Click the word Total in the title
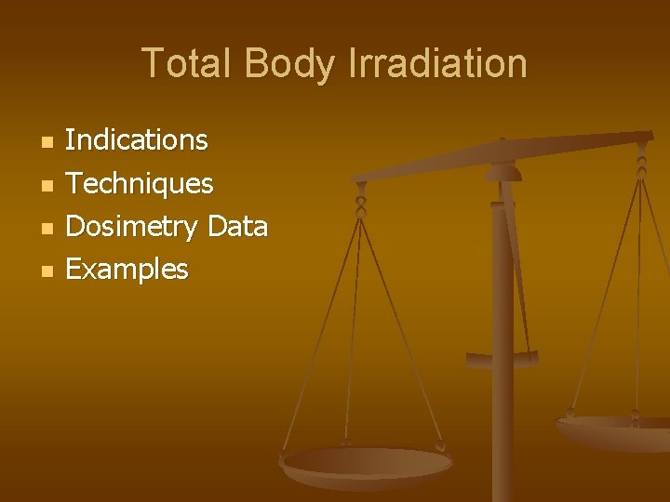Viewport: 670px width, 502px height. [188, 63]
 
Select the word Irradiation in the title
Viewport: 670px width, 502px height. [437, 63]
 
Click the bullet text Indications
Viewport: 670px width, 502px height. [137, 140]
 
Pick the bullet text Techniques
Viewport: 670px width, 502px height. [140, 183]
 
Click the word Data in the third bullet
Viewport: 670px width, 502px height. [238, 226]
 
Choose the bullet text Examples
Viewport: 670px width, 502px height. [127, 270]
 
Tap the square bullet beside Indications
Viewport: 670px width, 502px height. [48, 142]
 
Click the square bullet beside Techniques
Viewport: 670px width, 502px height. [48, 185]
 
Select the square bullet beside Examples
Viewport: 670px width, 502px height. [48, 271]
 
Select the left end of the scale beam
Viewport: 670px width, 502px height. [359, 176]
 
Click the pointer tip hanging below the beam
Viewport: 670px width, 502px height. [502, 358]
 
